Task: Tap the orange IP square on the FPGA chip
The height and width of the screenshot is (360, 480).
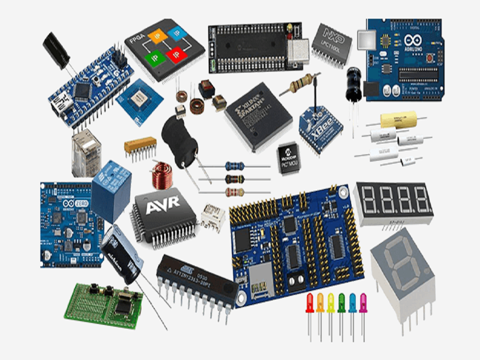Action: [157, 36]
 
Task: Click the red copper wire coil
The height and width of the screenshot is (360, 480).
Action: [161, 174]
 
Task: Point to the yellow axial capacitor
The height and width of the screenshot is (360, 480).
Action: [398, 120]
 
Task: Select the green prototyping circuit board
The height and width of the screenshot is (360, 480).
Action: [104, 305]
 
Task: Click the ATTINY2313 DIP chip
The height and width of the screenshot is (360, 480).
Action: [196, 280]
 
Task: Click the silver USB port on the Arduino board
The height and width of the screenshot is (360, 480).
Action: [366, 40]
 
